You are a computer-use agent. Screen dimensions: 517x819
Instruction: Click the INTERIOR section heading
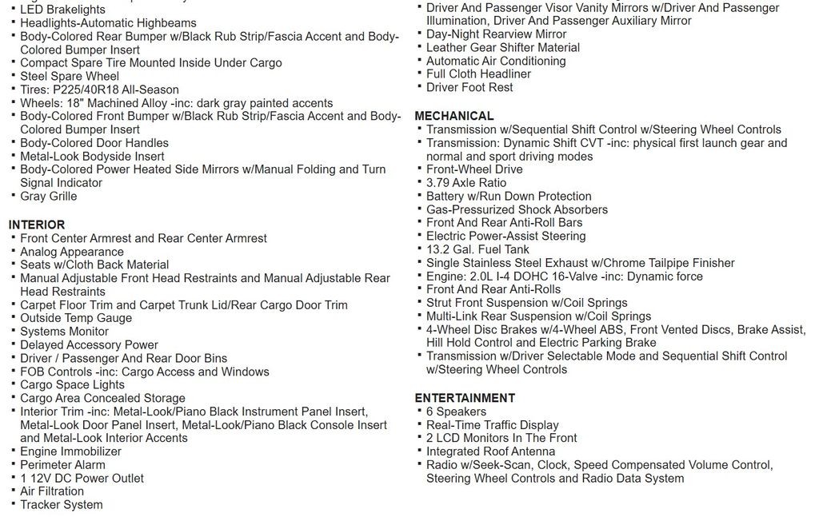(x=37, y=225)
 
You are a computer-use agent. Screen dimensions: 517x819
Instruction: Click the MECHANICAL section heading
(x=453, y=116)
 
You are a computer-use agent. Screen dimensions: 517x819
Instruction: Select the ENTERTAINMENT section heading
(x=465, y=398)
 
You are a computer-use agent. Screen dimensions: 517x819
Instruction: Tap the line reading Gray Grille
(x=48, y=196)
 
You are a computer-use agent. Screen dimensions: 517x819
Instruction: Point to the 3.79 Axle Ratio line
(x=465, y=183)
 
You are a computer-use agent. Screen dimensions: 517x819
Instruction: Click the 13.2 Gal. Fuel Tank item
(x=477, y=249)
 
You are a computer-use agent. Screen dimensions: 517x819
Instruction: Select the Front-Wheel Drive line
(x=473, y=169)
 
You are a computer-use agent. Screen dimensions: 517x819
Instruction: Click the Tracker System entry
(x=61, y=504)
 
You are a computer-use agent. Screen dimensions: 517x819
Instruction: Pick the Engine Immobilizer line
(x=70, y=451)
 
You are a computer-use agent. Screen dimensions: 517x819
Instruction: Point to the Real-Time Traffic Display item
(x=492, y=425)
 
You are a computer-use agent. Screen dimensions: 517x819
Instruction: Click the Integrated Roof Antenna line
(x=489, y=451)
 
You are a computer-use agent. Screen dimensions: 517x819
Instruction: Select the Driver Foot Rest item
(x=469, y=87)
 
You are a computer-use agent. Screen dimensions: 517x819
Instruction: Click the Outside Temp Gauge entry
(x=76, y=318)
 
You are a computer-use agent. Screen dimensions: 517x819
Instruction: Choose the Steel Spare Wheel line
(x=69, y=76)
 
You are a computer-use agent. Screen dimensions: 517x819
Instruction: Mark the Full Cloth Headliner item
(x=478, y=74)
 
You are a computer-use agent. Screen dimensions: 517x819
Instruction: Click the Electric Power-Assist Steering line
(x=505, y=236)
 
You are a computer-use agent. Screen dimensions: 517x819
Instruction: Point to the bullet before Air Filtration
(x=14, y=491)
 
